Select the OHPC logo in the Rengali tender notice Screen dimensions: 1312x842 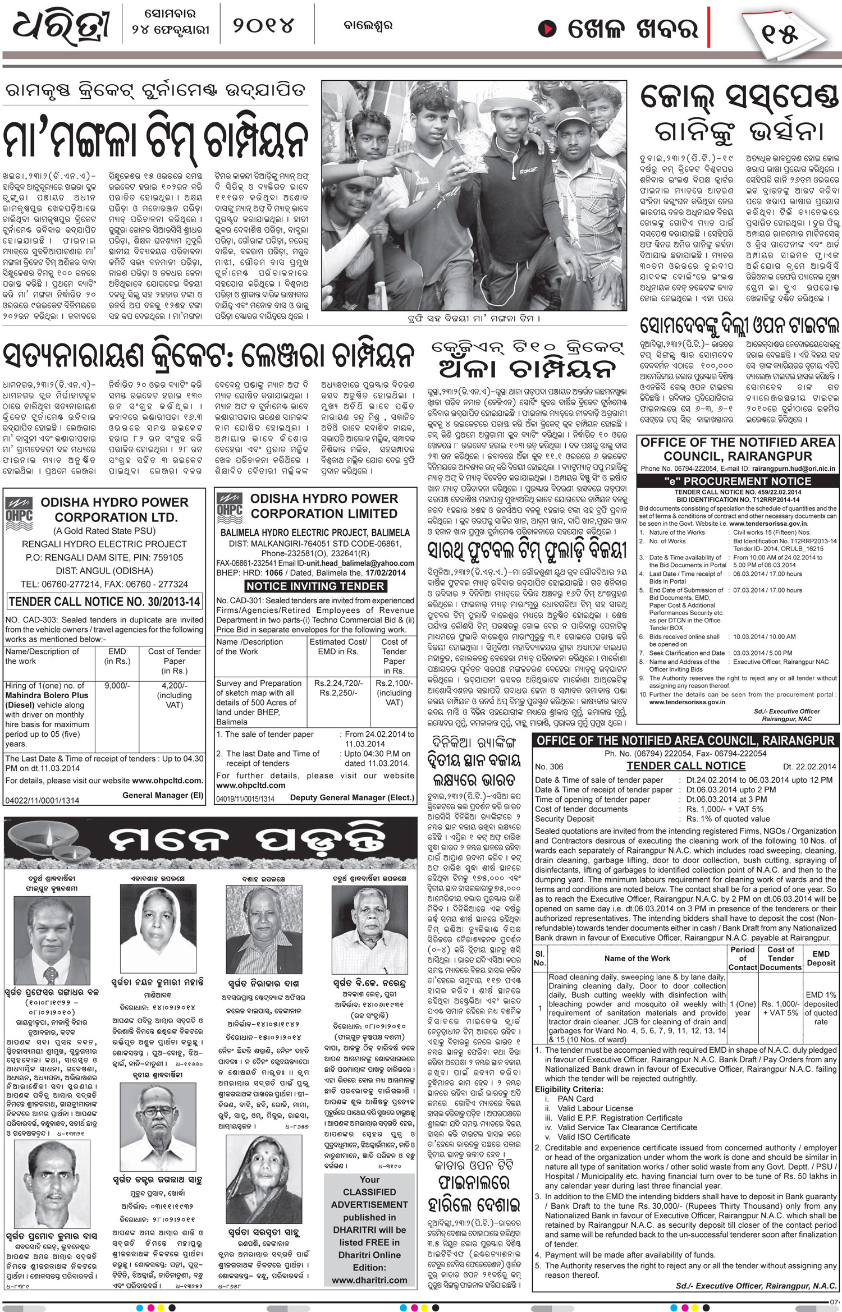(x=19, y=510)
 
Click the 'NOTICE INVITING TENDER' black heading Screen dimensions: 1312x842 (x=315, y=586)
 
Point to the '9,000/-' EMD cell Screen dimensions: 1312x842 (x=117, y=685)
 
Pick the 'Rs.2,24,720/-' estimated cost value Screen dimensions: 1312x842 (x=338, y=683)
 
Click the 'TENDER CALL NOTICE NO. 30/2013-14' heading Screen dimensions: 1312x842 (x=105, y=602)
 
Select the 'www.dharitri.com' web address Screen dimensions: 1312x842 (x=369, y=1280)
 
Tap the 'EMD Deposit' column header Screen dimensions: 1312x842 (x=821, y=958)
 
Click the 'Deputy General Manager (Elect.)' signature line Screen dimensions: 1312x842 (x=352, y=797)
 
